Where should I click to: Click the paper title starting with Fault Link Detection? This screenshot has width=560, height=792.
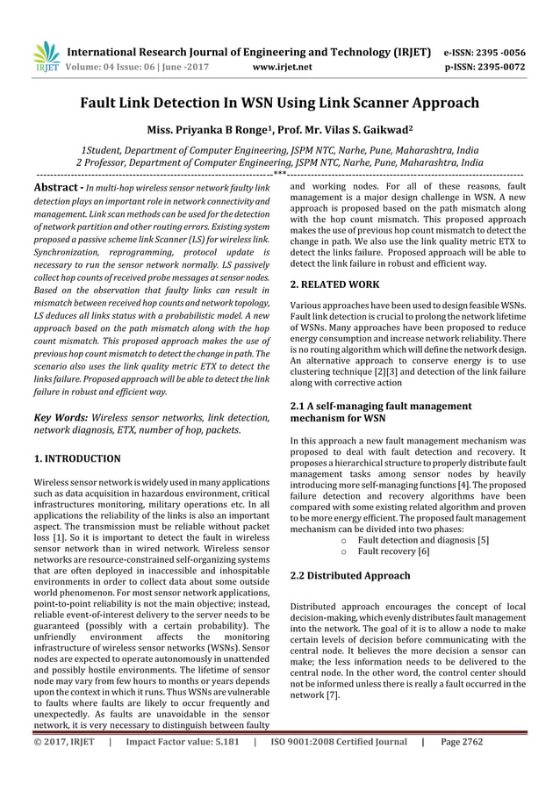(x=280, y=103)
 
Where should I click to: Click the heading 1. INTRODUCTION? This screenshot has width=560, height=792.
(x=77, y=458)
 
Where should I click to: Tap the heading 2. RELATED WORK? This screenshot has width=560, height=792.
(x=334, y=284)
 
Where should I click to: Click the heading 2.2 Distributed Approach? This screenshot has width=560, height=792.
(x=349, y=575)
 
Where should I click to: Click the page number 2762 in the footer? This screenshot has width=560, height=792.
(x=509, y=741)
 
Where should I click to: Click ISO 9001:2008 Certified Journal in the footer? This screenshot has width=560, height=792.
(x=338, y=741)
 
